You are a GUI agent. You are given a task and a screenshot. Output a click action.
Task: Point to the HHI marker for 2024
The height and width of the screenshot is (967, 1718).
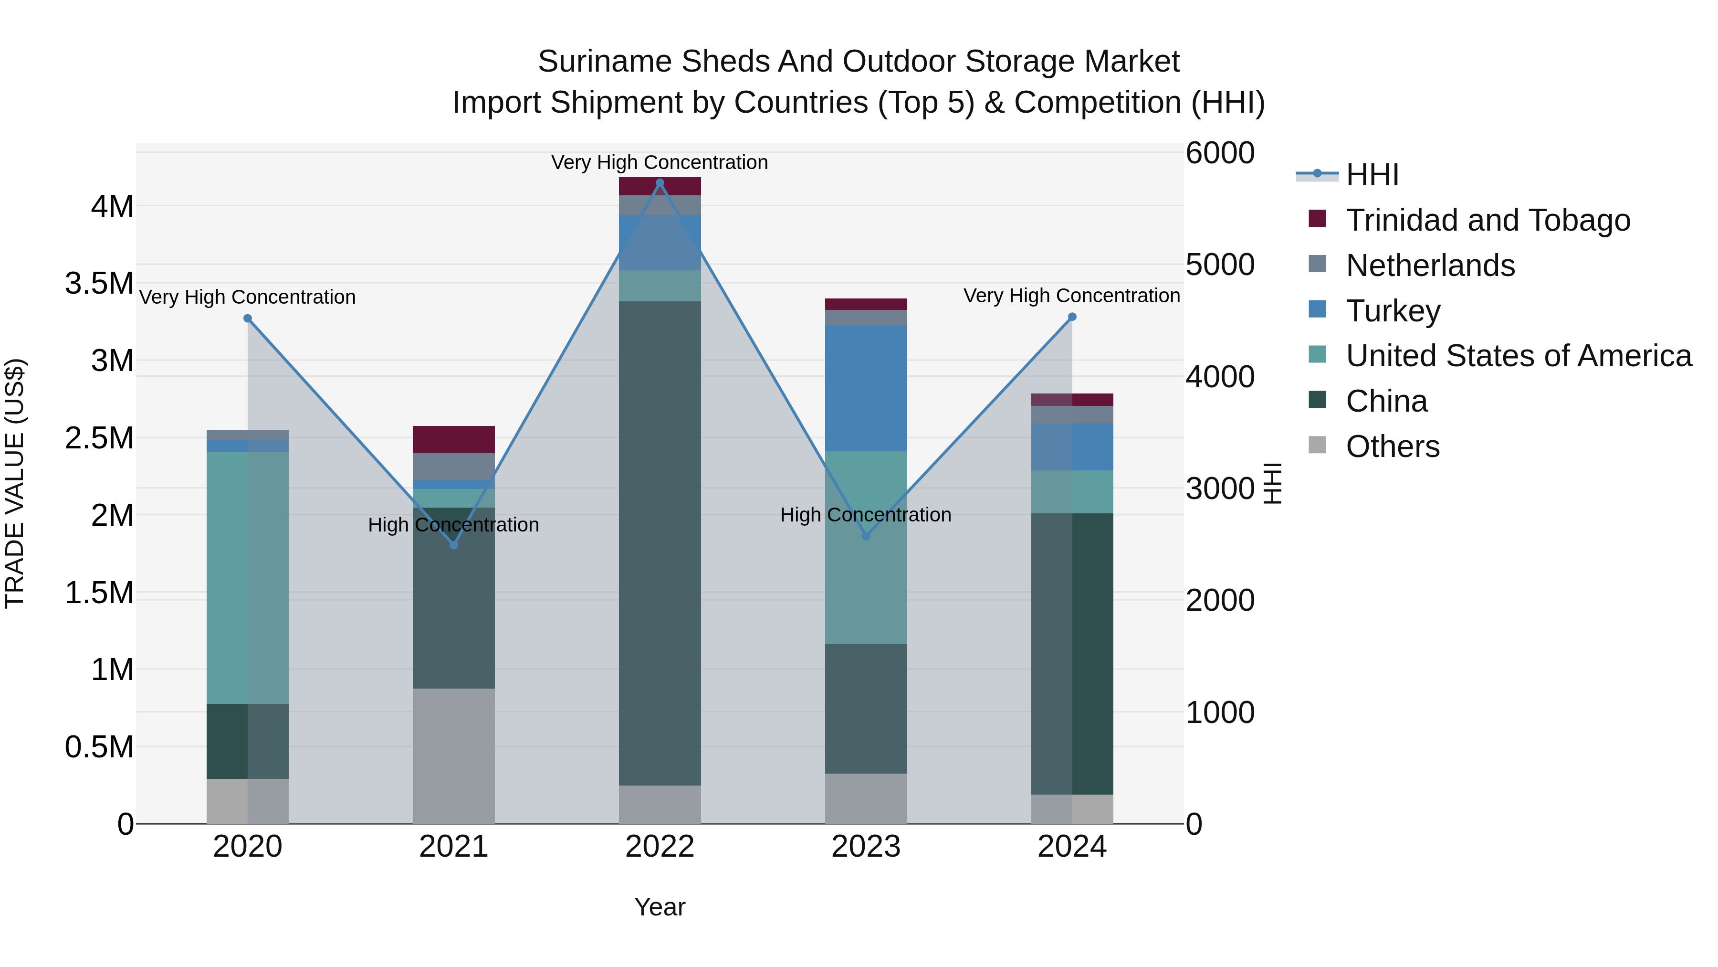coord(1072,317)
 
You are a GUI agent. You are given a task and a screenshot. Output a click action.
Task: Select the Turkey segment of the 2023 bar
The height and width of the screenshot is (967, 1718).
coord(866,388)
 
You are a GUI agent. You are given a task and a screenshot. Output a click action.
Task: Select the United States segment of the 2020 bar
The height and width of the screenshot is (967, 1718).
coord(247,577)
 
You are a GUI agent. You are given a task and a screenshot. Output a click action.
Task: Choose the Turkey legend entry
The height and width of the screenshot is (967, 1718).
coord(1393,311)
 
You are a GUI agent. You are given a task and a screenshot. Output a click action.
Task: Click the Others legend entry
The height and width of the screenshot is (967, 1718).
coord(1392,446)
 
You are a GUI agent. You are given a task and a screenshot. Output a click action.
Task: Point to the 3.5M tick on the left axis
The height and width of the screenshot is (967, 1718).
coord(99,284)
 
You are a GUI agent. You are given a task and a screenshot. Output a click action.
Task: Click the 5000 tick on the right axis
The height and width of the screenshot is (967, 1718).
coord(1220,265)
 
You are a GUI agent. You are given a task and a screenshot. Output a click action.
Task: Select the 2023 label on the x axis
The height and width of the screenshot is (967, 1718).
coord(866,847)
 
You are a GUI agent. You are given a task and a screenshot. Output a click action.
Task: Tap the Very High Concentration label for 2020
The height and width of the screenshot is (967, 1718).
coord(247,297)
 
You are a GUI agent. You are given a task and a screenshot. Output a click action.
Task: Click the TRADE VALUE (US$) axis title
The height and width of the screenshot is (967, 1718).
coord(15,483)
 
